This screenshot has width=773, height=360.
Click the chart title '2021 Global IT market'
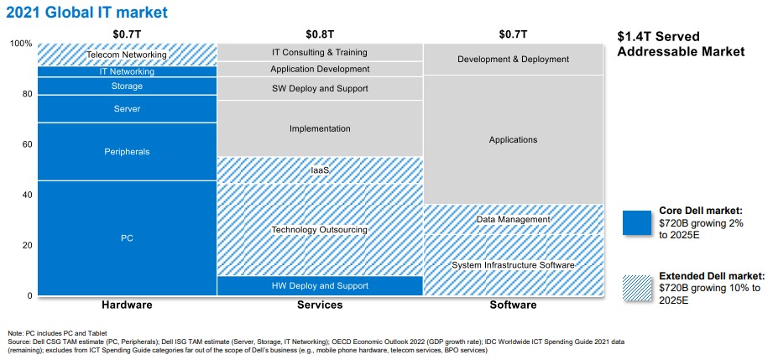pyautogui.click(x=86, y=12)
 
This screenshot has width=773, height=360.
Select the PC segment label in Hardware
pyautogui.click(x=128, y=238)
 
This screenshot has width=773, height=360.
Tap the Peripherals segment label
pyautogui.click(x=128, y=152)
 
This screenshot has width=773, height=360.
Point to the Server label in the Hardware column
pyautogui.click(x=128, y=108)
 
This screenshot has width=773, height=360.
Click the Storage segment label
pyautogui.click(x=128, y=86)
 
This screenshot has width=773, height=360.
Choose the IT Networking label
pyautogui.click(x=128, y=72)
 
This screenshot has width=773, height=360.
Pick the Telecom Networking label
pyautogui.click(x=128, y=55)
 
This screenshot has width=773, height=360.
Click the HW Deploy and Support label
pyautogui.click(x=320, y=286)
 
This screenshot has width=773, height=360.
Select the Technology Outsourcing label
pyautogui.click(x=320, y=230)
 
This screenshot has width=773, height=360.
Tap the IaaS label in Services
pyautogui.click(x=320, y=170)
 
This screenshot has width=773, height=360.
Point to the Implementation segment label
pyautogui.click(x=320, y=128)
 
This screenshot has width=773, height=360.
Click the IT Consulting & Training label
pyautogui.click(x=320, y=52)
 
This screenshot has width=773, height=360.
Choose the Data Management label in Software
pyautogui.click(x=513, y=220)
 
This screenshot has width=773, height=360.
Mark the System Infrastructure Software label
pyautogui.click(x=513, y=265)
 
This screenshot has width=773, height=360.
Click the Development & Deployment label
pyautogui.click(x=513, y=60)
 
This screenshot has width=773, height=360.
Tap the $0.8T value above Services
pyautogui.click(x=320, y=34)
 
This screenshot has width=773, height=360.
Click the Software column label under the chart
pyautogui.click(x=513, y=305)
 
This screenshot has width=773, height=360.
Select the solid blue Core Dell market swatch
pyautogui.click(x=637, y=223)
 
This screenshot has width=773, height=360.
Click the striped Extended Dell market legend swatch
pyautogui.click(x=637, y=288)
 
